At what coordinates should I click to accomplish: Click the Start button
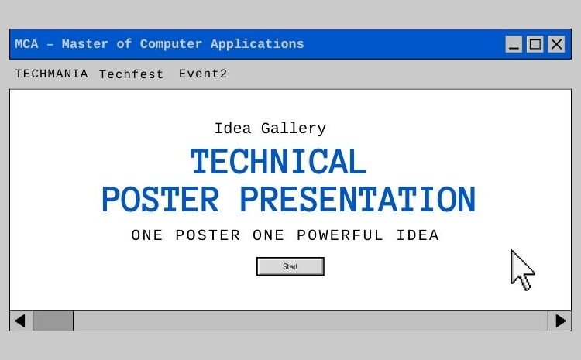pos(290,266)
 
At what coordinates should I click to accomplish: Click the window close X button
pos(556,44)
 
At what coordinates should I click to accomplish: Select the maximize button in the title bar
pos(535,44)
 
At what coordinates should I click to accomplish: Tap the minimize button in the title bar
pos(514,44)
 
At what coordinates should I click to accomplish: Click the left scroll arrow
pos(21,321)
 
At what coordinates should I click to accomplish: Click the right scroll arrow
pos(559,321)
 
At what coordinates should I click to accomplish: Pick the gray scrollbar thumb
pos(53,321)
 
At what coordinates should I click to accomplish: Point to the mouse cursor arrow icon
pos(521,269)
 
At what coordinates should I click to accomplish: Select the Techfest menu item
pos(131,74)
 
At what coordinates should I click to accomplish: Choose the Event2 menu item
pos(203,74)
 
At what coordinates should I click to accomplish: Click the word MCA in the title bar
pos(28,44)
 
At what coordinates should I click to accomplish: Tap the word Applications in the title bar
pos(257,44)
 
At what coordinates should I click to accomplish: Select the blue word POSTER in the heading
pos(160,200)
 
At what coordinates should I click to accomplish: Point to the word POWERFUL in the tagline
pos(340,235)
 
